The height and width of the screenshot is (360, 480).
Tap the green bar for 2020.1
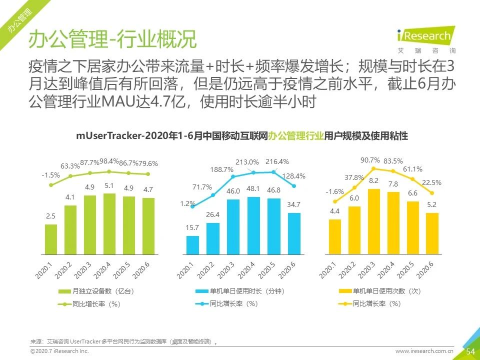51,239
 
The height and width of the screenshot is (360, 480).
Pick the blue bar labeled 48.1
254,225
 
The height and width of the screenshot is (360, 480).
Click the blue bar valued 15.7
192,245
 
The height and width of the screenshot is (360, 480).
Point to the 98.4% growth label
109,161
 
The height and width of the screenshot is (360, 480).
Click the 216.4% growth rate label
277,161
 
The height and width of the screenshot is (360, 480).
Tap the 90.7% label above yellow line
370,160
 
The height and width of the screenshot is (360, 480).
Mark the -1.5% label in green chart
50,175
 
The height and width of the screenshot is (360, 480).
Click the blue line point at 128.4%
293,186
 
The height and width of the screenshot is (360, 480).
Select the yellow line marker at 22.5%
432,192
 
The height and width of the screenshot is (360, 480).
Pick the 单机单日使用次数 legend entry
380,291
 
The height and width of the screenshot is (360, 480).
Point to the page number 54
470,351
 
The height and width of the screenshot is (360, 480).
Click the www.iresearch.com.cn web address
424,351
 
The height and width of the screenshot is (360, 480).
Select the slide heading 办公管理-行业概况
112,39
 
